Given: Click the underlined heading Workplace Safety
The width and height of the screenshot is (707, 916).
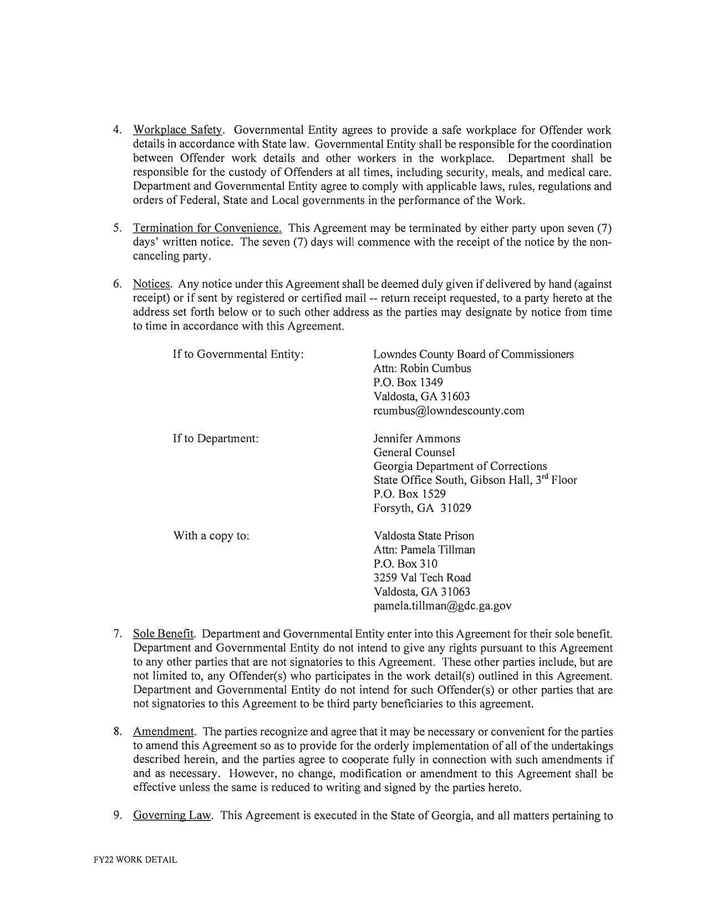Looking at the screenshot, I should [x=177, y=130].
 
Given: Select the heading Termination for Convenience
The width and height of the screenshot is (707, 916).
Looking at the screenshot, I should [x=207, y=228].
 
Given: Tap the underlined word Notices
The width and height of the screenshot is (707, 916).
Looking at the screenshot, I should [x=151, y=284].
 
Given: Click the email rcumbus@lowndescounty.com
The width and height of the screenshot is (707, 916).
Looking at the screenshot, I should [x=449, y=411].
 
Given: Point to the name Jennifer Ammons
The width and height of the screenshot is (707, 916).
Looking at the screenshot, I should [x=416, y=438].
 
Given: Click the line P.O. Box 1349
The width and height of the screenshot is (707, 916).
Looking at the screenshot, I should [x=408, y=382].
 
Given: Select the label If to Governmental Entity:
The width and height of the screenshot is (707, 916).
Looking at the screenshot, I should [x=238, y=354].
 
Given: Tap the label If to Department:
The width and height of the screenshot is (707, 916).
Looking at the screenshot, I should [x=216, y=438].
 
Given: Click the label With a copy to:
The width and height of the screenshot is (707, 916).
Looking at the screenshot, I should [x=211, y=536].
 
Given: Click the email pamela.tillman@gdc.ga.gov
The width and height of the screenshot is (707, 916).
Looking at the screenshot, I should [x=442, y=606].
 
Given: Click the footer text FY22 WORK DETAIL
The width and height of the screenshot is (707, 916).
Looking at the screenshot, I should [x=135, y=860].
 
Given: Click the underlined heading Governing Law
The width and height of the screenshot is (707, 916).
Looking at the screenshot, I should [x=172, y=816].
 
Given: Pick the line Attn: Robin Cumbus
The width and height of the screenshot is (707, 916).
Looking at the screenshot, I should [x=422, y=368].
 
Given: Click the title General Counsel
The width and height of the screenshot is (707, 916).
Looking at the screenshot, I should [x=414, y=452].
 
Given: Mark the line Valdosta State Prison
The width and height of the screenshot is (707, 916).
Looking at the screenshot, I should [x=424, y=536].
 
